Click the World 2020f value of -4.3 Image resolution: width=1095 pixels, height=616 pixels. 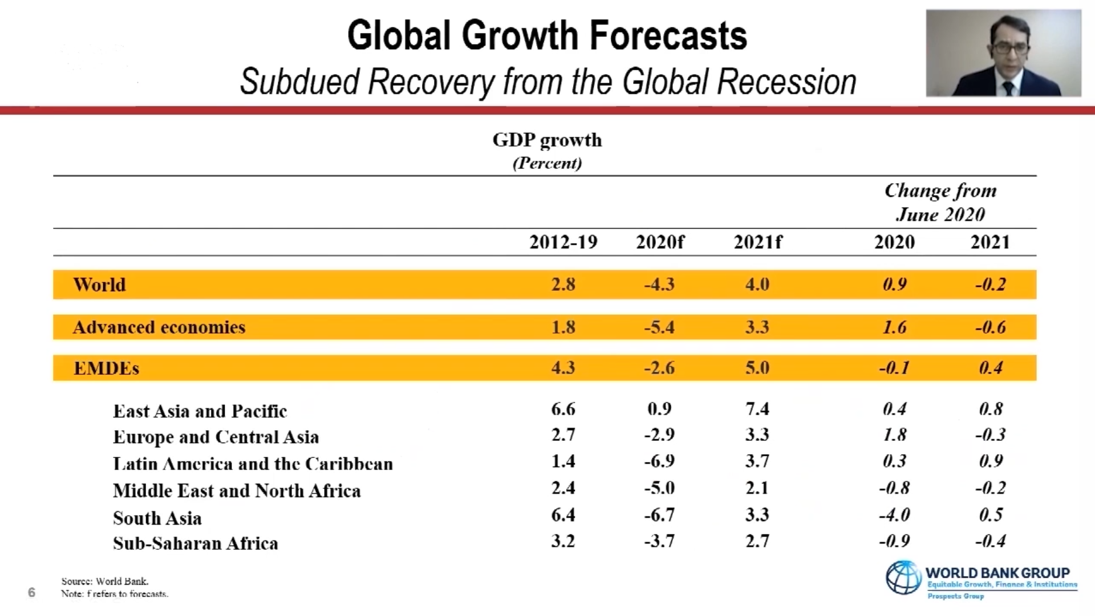pyautogui.click(x=659, y=284)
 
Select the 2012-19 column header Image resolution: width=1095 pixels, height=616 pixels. pyautogui.click(x=563, y=242)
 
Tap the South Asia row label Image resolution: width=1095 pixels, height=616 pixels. pyautogui.click(x=157, y=518)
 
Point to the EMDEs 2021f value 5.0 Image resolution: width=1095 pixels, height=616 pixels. pyautogui.click(x=757, y=368)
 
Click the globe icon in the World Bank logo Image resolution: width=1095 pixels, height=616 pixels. pyautogui.click(x=903, y=577)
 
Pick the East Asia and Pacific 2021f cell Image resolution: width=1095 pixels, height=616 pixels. pyautogui.click(x=757, y=409)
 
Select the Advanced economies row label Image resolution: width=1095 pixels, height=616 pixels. pyautogui.click(x=159, y=327)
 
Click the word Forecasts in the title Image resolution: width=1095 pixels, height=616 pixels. pyautogui.click(x=668, y=35)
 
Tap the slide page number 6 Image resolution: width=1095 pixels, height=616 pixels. pyautogui.click(x=31, y=593)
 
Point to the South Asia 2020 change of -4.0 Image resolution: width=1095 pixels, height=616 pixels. pyautogui.click(x=894, y=515)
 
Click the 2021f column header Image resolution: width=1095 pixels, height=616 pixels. pyautogui.click(x=757, y=242)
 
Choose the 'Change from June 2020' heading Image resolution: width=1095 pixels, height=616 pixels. pyautogui.click(x=940, y=202)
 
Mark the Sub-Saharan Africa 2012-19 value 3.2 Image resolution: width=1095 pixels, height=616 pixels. pyautogui.click(x=563, y=541)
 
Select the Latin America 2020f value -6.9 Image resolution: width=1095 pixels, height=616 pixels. pyautogui.click(x=659, y=461)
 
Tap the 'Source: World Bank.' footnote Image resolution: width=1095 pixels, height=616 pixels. pyautogui.click(x=105, y=581)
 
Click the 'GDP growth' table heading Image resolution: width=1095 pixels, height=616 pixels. pyautogui.click(x=547, y=140)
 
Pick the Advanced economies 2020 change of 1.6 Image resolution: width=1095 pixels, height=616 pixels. pyautogui.click(x=894, y=327)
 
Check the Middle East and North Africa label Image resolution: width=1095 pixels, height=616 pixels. pyautogui.click(x=237, y=491)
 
